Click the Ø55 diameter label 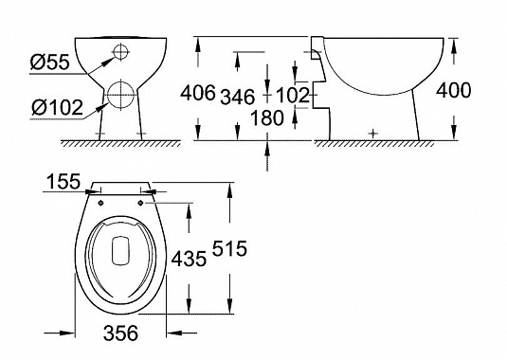pyautogui.click(x=50, y=62)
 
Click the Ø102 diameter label pyautogui.click(x=58, y=108)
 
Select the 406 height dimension pyautogui.click(x=197, y=94)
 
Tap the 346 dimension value pyautogui.click(x=238, y=97)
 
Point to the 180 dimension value pyautogui.click(x=267, y=118)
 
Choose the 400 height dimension pyautogui.click(x=454, y=90)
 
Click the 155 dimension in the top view pyautogui.click(x=63, y=181)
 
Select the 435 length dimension pyautogui.click(x=189, y=259)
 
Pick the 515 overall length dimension pyautogui.click(x=229, y=248)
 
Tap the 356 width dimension pyautogui.click(x=120, y=333)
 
